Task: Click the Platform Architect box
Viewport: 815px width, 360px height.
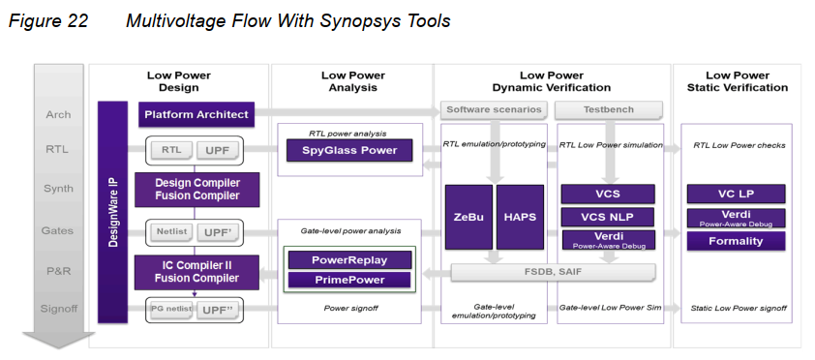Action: point(196,115)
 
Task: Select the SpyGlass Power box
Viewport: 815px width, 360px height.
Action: point(349,150)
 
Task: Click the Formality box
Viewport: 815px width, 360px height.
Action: point(737,240)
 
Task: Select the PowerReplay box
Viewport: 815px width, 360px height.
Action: point(349,260)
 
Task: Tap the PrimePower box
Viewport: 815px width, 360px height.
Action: point(349,280)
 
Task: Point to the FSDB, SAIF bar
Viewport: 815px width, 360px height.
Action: point(555,273)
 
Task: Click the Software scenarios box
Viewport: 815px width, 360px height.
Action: point(492,109)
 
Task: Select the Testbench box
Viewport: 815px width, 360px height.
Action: point(609,109)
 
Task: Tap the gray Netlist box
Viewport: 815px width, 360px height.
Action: point(171,232)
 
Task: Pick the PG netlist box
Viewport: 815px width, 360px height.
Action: point(169,310)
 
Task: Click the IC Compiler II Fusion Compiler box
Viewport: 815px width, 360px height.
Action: point(196,272)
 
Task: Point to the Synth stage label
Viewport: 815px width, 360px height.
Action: point(58,190)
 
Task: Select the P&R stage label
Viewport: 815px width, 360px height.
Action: point(58,272)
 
